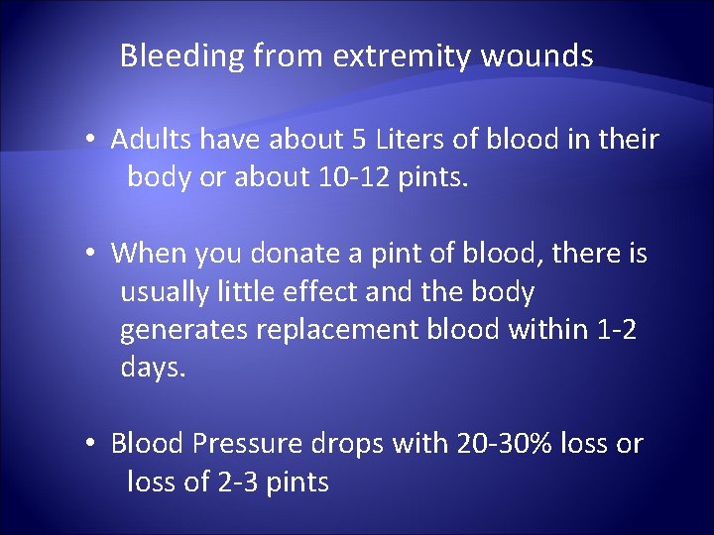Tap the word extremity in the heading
coord(402,56)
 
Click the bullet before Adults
coord(89,140)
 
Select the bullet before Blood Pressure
coord(89,444)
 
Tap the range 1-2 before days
coord(616,330)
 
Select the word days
coord(153,369)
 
